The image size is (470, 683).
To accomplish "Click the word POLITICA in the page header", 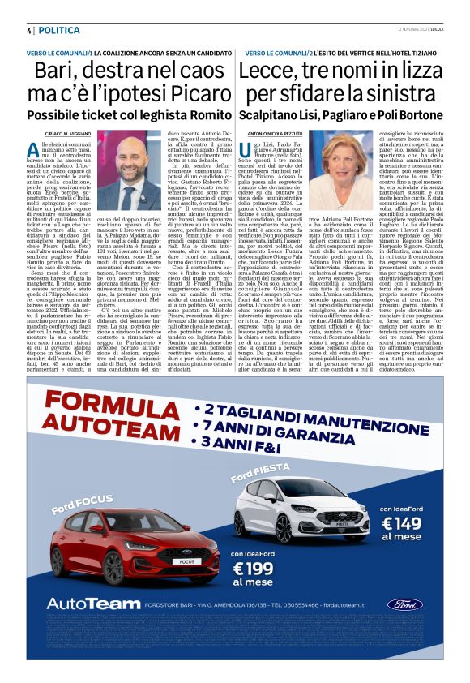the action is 60,30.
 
